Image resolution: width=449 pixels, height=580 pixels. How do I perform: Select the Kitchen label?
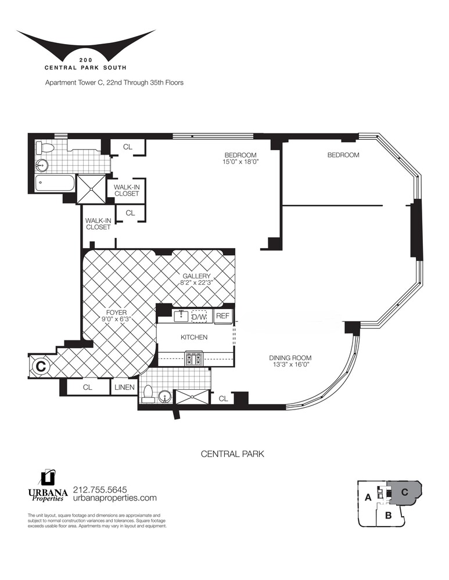click(x=194, y=338)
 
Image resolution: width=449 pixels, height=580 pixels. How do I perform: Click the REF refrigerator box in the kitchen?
click(x=222, y=316)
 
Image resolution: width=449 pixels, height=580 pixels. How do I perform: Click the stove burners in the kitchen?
click(x=194, y=359)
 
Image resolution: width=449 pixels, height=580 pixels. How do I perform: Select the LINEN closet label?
click(x=124, y=387)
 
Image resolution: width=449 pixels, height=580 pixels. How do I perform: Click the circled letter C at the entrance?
click(x=41, y=367)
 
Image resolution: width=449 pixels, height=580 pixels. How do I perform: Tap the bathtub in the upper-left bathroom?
click(x=56, y=183)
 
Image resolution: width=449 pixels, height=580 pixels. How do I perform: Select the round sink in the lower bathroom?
click(x=164, y=397)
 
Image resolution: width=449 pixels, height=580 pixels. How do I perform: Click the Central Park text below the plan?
click(x=233, y=454)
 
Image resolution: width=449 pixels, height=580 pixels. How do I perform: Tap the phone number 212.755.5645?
click(x=100, y=490)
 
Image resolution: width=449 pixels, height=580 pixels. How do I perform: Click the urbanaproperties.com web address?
click(x=115, y=498)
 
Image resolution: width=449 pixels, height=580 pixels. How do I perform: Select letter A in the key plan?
click(x=368, y=498)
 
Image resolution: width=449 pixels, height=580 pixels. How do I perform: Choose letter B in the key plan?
click(x=388, y=515)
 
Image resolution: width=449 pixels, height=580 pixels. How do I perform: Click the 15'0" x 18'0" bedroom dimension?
click(x=240, y=162)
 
